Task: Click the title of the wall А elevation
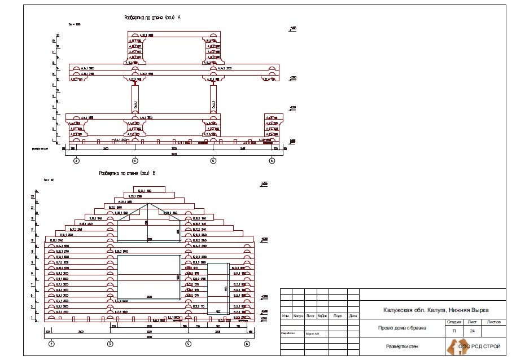tap(152, 17)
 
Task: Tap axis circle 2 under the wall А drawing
tap(76, 161)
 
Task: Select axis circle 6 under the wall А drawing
tap(272, 161)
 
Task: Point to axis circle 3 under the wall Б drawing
tap(110, 344)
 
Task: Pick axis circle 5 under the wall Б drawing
tap(187, 344)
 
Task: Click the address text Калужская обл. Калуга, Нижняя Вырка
tap(432, 310)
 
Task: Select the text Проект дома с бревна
tap(402, 327)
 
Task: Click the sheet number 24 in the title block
tap(471, 330)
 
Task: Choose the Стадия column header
tap(454, 322)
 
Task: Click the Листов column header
tap(493, 322)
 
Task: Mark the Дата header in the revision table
tap(353, 316)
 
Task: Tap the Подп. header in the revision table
tap(339, 316)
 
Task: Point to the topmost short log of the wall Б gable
tap(145, 191)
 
